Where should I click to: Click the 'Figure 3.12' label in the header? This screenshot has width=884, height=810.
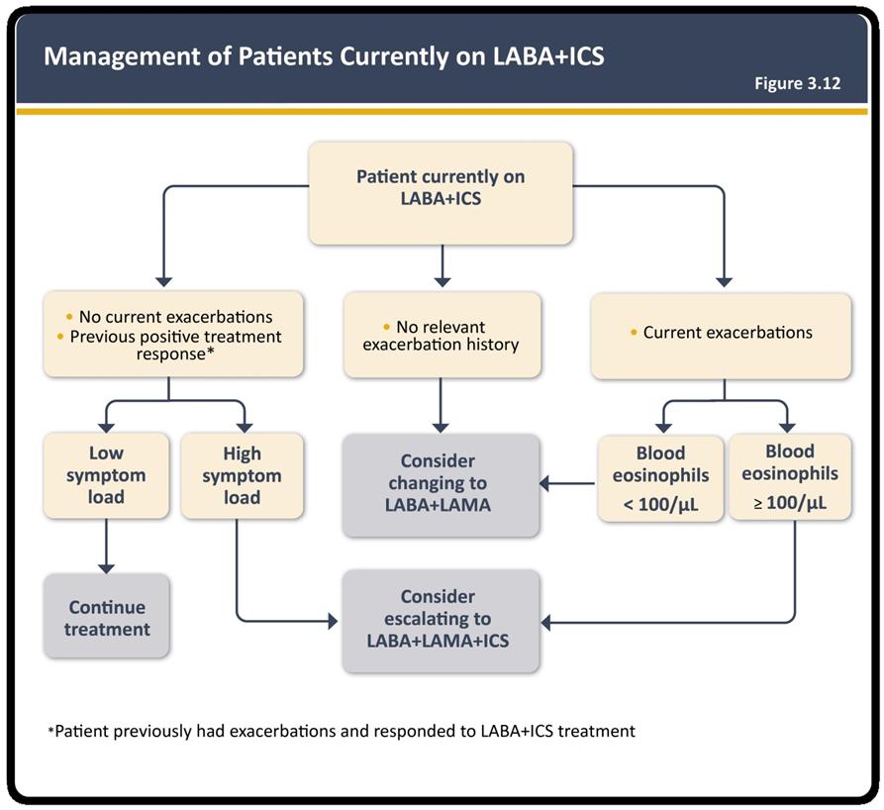click(797, 83)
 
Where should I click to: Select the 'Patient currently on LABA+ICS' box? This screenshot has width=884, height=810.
click(441, 193)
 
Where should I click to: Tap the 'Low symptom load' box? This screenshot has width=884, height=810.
click(106, 475)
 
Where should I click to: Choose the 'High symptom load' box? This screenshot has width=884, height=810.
click(242, 475)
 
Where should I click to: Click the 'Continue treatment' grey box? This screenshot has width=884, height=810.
click(107, 616)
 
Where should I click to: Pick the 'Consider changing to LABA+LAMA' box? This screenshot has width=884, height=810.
click(441, 485)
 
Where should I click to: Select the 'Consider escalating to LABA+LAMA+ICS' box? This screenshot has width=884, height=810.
click(441, 621)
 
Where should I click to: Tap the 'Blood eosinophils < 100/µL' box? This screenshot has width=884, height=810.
click(660, 478)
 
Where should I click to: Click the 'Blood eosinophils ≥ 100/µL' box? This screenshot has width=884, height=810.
click(790, 477)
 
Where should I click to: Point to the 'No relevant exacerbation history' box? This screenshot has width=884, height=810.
click(442, 335)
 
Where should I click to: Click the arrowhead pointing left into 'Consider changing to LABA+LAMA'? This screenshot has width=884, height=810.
click(544, 483)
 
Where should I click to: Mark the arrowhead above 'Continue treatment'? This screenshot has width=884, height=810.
click(106, 568)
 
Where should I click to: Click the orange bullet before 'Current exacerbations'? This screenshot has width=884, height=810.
click(634, 333)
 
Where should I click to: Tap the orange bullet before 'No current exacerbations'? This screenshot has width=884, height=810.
click(69, 317)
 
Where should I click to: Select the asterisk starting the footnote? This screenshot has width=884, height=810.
click(50, 731)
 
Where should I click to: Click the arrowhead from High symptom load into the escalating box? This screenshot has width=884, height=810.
click(333, 622)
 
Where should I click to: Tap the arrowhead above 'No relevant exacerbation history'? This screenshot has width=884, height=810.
click(442, 281)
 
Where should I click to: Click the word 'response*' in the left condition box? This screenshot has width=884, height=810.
click(175, 354)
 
